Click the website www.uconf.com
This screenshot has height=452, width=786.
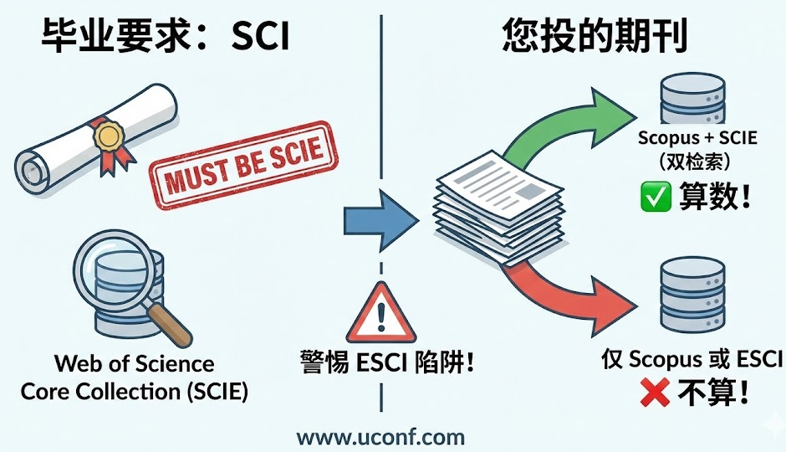[380, 436]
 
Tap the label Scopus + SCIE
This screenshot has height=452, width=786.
[697, 137]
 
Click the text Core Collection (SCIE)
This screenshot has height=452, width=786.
[135, 391]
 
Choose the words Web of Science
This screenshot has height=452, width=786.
[135, 364]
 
